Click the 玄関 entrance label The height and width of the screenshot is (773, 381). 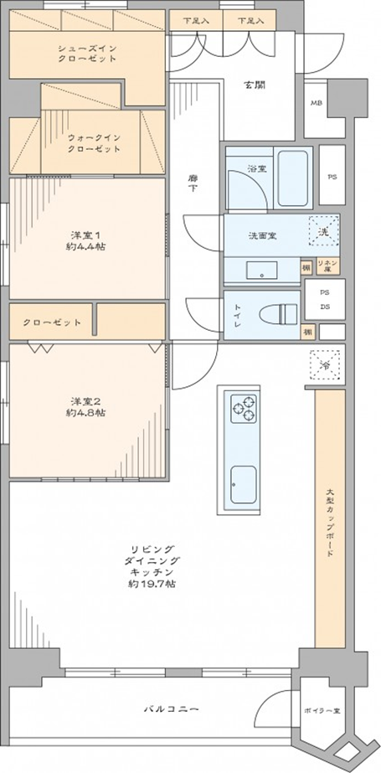click(x=255, y=85)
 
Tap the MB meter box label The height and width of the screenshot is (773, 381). click(x=317, y=104)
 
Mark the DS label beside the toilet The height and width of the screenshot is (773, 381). click(x=325, y=307)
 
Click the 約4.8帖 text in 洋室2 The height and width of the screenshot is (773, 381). click(x=87, y=414)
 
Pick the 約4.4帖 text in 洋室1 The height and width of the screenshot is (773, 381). click(x=87, y=246)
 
